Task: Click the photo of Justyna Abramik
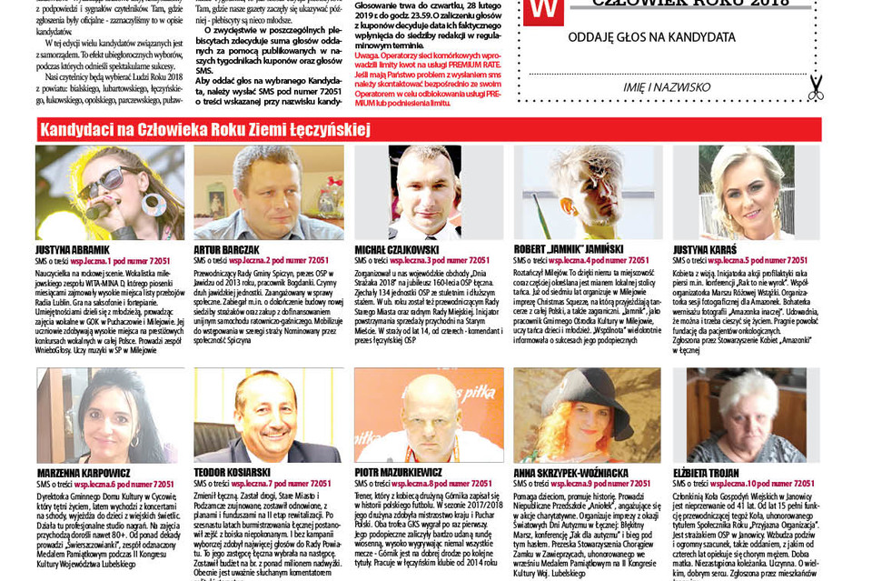click(x=109, y=192)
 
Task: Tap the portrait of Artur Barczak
click(x=268, y=192)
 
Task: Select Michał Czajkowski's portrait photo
click(x=428, y=192)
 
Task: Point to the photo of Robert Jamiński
click(x=588, y=192)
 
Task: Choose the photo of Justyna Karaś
click(x=746, y=192)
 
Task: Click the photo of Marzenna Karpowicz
click(x=109, y=416)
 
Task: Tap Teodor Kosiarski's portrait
click(x=268, y=416)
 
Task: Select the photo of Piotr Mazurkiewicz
click(x=428, y=416)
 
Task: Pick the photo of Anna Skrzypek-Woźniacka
click(x=588, y=416)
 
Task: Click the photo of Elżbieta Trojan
click(x=746, y=416)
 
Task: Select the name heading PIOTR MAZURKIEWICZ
click(x=398, y=473)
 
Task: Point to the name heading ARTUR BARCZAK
click(x=226, y=249)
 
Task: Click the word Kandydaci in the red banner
click(x=76, y=130)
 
